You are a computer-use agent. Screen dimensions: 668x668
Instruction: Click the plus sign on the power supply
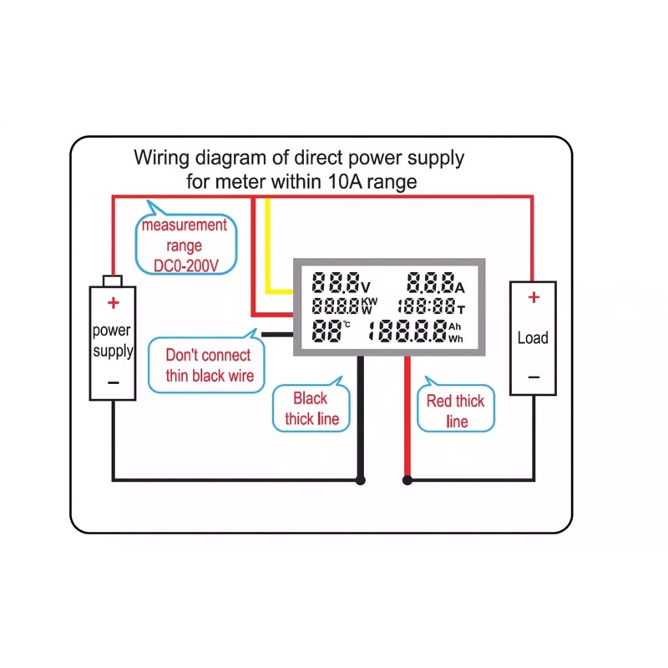(x=113, y=302)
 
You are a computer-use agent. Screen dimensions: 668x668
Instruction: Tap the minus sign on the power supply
(x=114, y=382)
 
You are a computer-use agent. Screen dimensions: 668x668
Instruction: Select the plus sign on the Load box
(x=534, y=296)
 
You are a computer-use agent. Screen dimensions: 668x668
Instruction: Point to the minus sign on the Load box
(x=534, y=377)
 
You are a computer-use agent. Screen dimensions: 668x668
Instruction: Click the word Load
(x=533, y=338)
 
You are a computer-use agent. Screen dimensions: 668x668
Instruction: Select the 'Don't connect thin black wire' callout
(x=209, y=365)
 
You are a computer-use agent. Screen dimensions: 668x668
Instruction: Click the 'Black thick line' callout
(x=311, y=408)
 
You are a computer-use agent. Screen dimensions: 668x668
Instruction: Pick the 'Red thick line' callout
(x=455, y=411)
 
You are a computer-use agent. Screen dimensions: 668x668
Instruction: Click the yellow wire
(x=268, y=250)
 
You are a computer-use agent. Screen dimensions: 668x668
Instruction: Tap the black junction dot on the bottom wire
(x=361, y=480)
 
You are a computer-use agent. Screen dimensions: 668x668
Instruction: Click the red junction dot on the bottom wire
(x=407, y=480)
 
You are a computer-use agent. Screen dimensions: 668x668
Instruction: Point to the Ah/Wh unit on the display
(x=455, y=332)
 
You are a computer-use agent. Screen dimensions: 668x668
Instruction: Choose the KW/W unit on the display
(x=368, y=306)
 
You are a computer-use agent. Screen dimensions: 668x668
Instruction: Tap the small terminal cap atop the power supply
(x=113, y=281)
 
